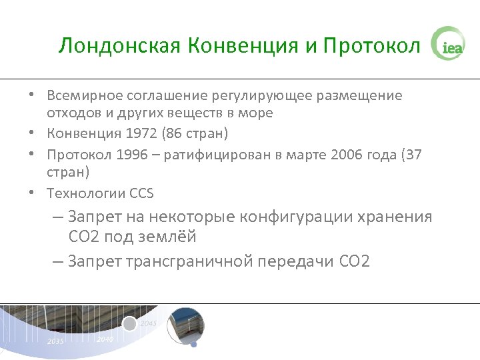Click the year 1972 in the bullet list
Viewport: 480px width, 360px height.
[x=141, y=134]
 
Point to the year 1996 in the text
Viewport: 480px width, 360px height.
[x=131, y=155]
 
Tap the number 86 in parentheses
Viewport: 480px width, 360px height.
[x=175, y=134]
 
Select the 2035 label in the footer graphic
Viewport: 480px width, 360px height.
[x=55, y=341]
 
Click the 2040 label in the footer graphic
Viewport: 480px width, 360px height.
[x=104, y=339]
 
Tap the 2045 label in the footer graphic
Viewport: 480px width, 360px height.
[x=148, y=323]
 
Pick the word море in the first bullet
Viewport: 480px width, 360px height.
[x=256, y=113]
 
